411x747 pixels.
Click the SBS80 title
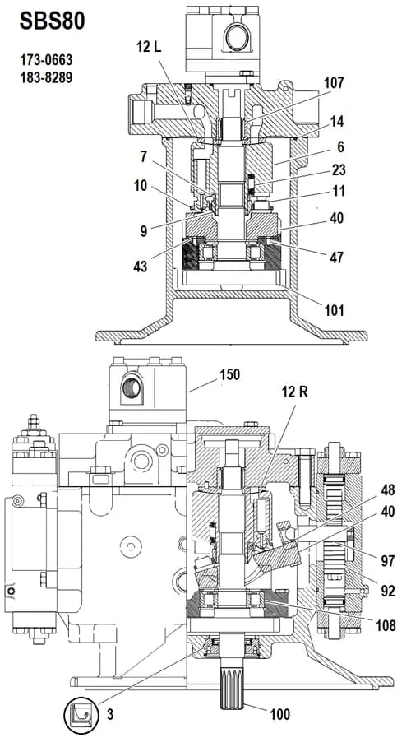coord(53,21)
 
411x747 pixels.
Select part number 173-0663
coord(46,61)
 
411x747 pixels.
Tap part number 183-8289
coord(46,77)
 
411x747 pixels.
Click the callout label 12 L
coord(149,47)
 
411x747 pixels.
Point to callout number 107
coord(334,83)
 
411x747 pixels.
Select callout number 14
coord(336,122)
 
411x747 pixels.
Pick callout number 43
coord(141,266)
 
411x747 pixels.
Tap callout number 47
coord(336,258)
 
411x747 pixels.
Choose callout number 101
coord(334,310)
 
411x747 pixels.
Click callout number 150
coord(229,374)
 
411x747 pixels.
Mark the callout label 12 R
coord(294,392)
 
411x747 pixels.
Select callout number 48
coord(388,489)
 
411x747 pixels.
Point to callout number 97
coord(388,561)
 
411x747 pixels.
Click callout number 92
coord(388,591)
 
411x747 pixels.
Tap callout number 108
coord(386,624)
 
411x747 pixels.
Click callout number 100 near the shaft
coord(280,714)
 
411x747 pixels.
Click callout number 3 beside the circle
coord(110,715)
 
